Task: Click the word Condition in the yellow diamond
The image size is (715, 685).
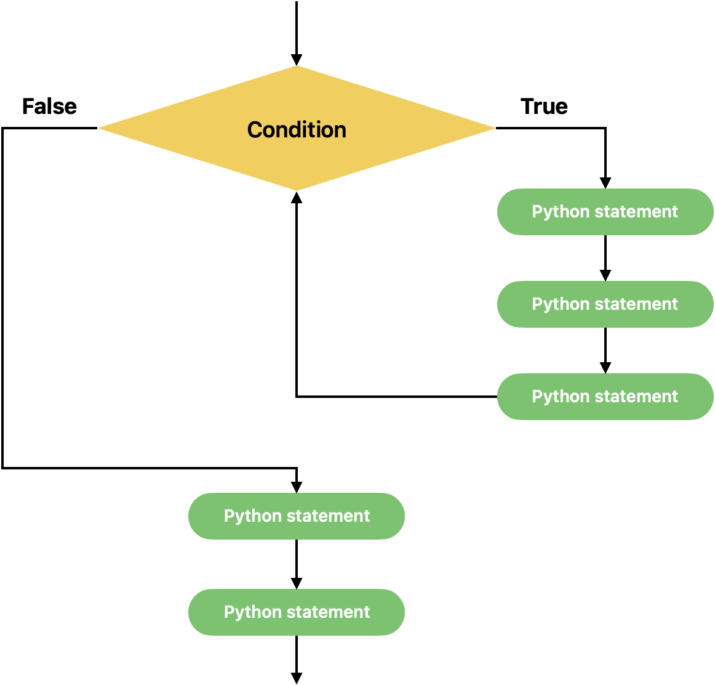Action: [297, 130]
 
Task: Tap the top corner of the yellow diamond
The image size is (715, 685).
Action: [297, 67]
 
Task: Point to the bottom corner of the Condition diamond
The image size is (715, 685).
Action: [297, 190]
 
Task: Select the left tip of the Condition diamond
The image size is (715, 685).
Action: [100, 128]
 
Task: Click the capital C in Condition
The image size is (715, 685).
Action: [254, 130]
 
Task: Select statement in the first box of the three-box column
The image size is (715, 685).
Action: [632, 212]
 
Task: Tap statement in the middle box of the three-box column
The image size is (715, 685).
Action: [632, 304]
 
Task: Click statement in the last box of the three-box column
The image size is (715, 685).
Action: [632, 397]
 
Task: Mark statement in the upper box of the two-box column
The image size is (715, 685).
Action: [324, 516]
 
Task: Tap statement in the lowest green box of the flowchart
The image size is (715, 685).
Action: [324, 612]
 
